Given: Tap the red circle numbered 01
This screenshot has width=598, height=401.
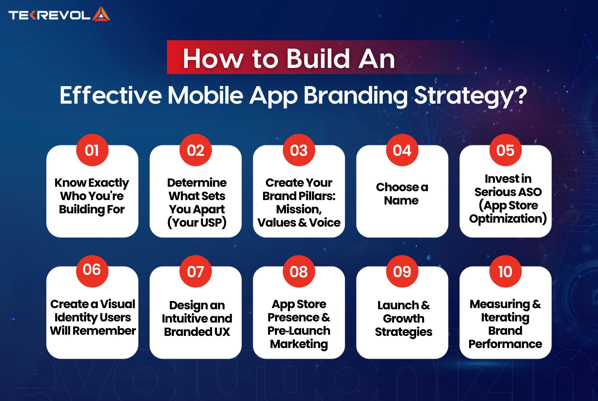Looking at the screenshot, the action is pyautogui.click(x=92, y=150).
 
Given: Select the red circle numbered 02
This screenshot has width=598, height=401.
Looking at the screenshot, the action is pyautogui.click(x=196, y=150).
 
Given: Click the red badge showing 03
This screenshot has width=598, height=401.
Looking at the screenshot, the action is pyautogui.click(x=299, y=150).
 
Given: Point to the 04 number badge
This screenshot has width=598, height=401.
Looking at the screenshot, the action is pyautogui.click(x=402, y=150).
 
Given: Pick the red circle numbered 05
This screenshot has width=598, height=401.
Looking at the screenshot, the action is pyautogui.click(x=505, y=150).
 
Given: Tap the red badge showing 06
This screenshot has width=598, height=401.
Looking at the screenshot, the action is pyautogui.click(x=92, y=271).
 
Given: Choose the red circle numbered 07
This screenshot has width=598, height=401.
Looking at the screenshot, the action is pyautogui.click(x=196, y=271).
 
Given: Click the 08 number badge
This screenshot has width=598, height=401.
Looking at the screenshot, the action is pyautogui.click(x=299, y=271).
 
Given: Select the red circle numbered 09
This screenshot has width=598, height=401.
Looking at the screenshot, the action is pyautogui.click(x=402, y=271).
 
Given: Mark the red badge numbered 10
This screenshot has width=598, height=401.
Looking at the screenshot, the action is pyautogui.click(x=505, y=271).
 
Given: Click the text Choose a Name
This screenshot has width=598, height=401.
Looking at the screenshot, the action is pyautogui.click(x=402, y=193).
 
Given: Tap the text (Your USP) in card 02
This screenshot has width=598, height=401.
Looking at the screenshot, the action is pyautogui.click(x=197, y=222).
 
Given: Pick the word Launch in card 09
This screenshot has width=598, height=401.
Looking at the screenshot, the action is pyautogui.click(x=398, y=305).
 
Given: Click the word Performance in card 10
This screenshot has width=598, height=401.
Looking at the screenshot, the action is pyautogui.click(x=505, y=344).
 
